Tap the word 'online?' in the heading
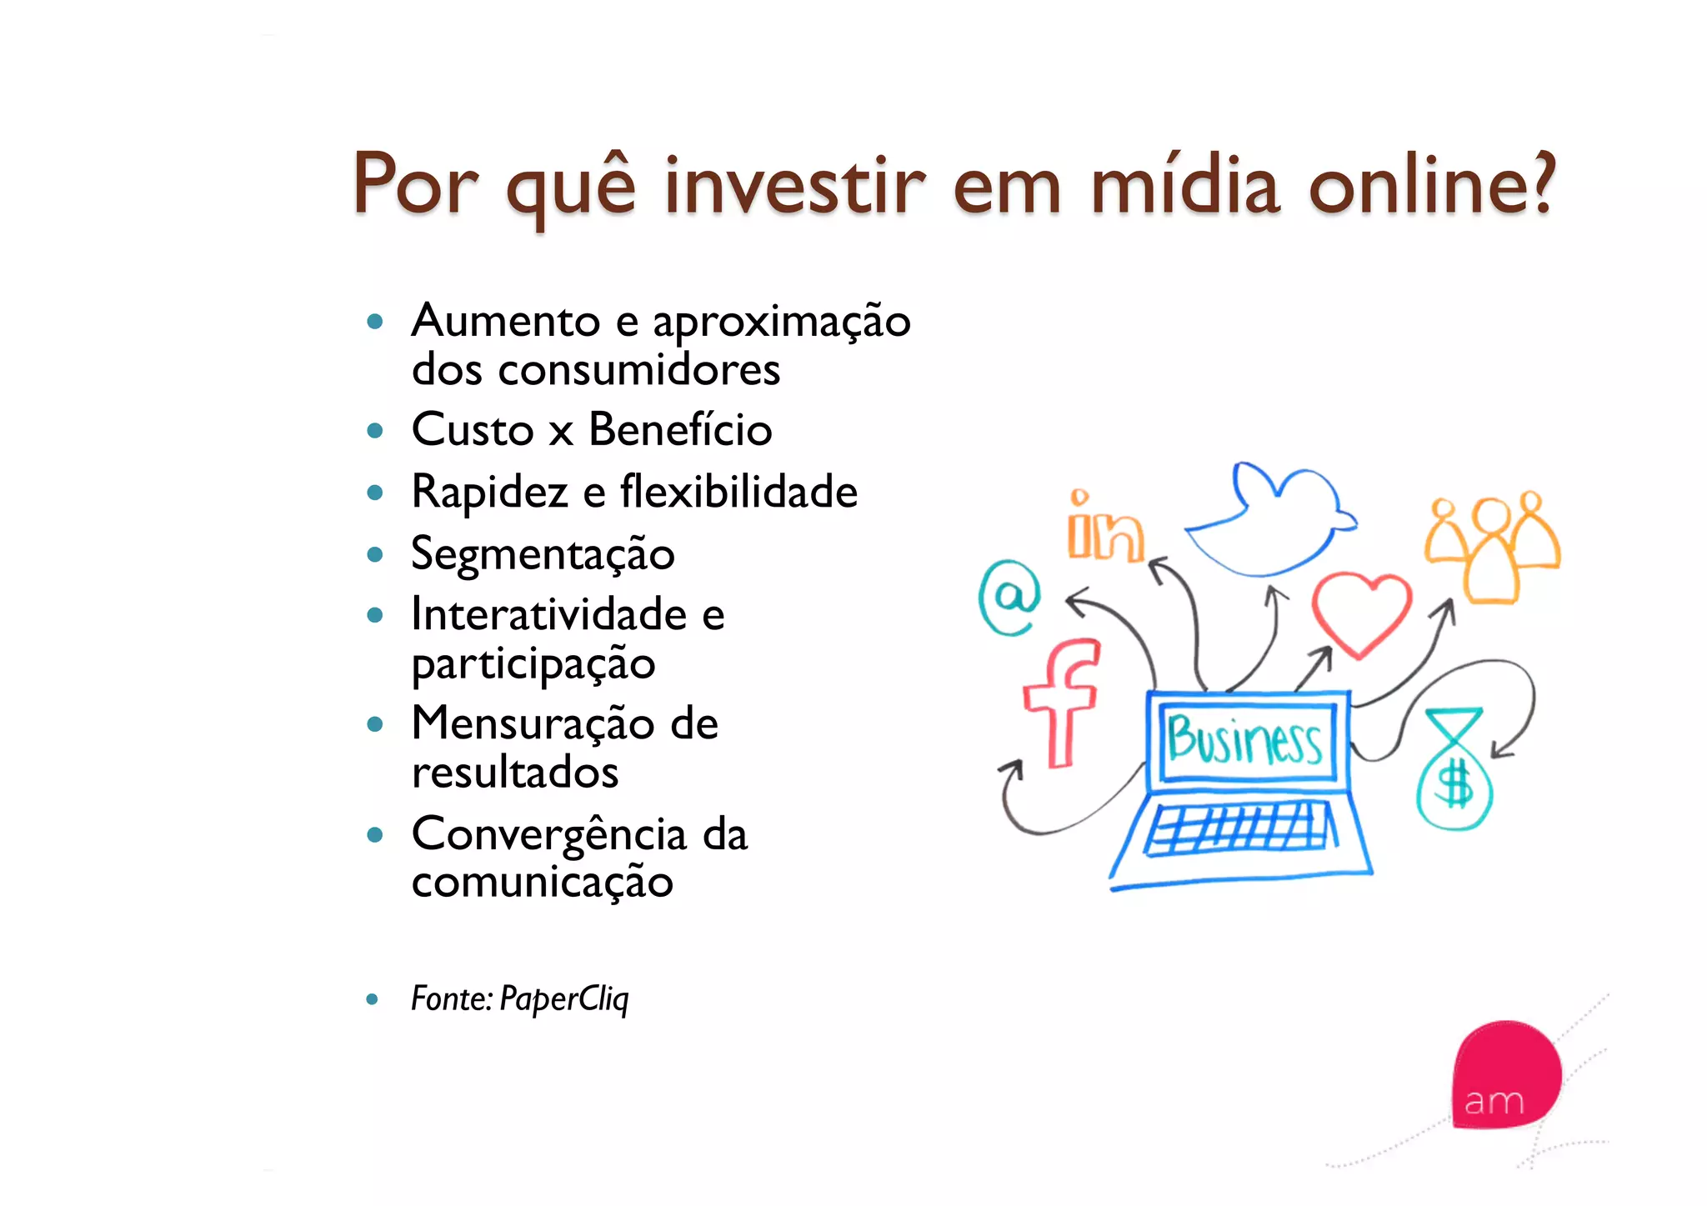pos(1430,185)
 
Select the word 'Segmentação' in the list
pos(543,554)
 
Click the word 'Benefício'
pos(680,430)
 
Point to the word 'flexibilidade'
pos(738,492)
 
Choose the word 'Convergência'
pos(549,834)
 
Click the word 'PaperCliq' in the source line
pos(564,998)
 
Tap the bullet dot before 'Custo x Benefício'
pos(375,431)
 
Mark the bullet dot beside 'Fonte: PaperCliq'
pos(373,999)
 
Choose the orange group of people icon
pos(1492,546)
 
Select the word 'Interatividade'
pos(549,615)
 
